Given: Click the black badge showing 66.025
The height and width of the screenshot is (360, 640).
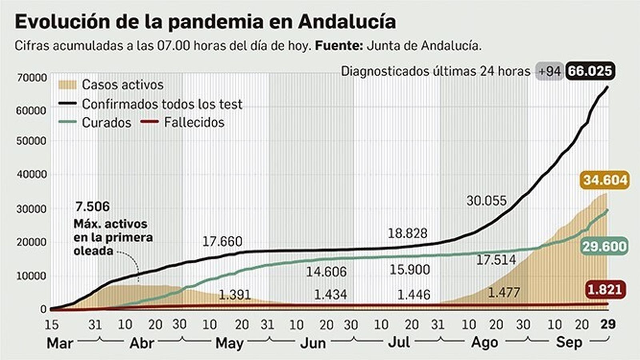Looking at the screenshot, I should click(590, 72).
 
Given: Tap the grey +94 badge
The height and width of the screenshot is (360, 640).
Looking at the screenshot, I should click(549, 72).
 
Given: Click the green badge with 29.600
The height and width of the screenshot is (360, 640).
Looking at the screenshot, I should click(604, 246).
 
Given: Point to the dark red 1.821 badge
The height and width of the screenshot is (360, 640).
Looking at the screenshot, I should click(605, 289).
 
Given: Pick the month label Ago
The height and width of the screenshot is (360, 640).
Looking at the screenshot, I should click(484, 343).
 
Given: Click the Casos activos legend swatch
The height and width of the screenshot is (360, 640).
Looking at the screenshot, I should click(67, 85).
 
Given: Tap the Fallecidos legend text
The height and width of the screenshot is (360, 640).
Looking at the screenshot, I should click(194, 122).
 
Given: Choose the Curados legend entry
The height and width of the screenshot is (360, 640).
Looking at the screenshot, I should click(106, 122).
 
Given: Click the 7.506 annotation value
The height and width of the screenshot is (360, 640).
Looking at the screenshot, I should click(92, 206).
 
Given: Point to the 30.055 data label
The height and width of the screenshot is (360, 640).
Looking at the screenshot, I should click(486, 200).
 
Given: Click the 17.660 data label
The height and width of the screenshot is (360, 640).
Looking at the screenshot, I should click(222, 242).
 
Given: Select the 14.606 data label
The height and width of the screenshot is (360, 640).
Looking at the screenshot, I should click(326, 272).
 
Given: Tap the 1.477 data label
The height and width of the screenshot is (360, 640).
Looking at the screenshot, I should click(504, 292).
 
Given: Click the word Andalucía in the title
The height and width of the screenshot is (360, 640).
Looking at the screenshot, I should click(347, 22).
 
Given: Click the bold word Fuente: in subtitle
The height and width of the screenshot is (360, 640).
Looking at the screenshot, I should click(339, 46).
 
